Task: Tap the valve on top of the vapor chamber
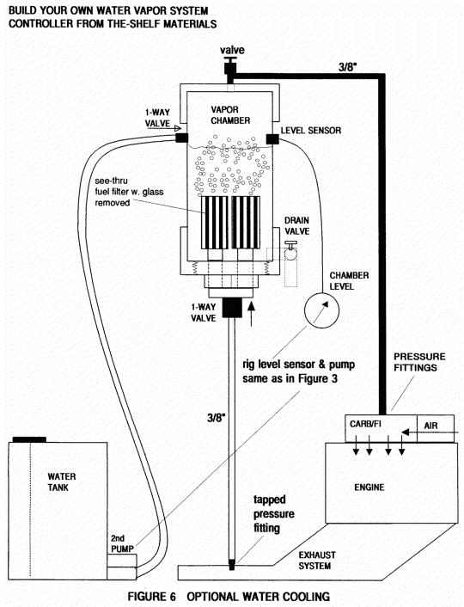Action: (230, 66)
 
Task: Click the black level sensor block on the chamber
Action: (272, 138)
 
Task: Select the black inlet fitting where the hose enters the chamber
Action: (182, 138)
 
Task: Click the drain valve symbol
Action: (290, 252)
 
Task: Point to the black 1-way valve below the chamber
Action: (232, 308)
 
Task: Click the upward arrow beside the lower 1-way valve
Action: (252, 313)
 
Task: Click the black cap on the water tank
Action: (29, 439)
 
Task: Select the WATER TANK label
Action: (62, 482)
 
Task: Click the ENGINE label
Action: (369, 487)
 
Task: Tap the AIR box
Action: (436, 428)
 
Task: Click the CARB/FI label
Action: (365, 424)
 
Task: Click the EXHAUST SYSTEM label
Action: (317, 561)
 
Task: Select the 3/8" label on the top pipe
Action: (347, 67)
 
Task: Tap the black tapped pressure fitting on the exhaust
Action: (232, 565)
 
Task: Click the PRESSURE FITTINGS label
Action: (419, 362)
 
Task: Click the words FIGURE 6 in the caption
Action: (152, 596)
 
